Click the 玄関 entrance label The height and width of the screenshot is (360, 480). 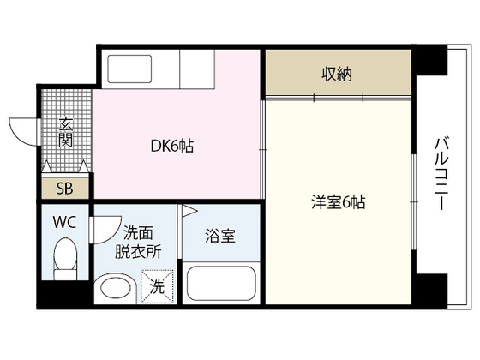(64, 133)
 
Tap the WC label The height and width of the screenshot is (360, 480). (65, 222)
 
